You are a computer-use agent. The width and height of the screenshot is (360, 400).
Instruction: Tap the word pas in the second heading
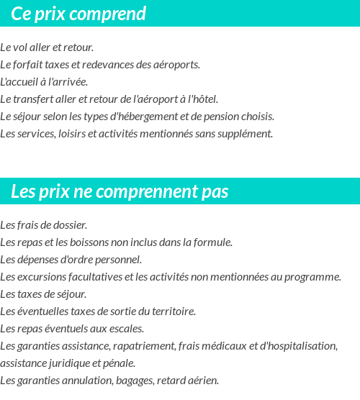pos(214,191)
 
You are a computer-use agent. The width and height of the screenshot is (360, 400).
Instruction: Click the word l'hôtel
pos(202,99)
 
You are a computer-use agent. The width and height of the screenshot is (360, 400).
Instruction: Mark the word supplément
pos(248,133)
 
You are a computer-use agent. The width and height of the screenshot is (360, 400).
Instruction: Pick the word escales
pos(127,328)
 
